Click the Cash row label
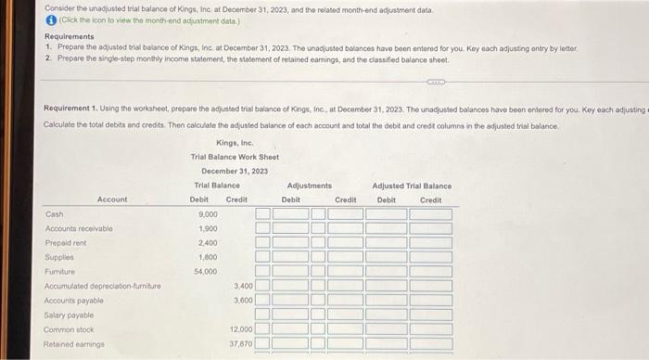pos(55,214)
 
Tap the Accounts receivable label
pos(78,228)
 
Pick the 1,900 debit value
pos(208,228)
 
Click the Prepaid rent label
pos(65,242)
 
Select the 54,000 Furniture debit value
pos(205,271)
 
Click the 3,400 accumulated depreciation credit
pos(244,286)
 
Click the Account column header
pos(112,199)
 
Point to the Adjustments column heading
pos(309,186)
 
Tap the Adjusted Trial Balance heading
pos(412,186)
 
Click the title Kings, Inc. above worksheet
pos(234,142)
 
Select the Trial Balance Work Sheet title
pos(235,157)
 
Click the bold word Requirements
pos(70,36)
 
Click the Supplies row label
pos(58,257)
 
